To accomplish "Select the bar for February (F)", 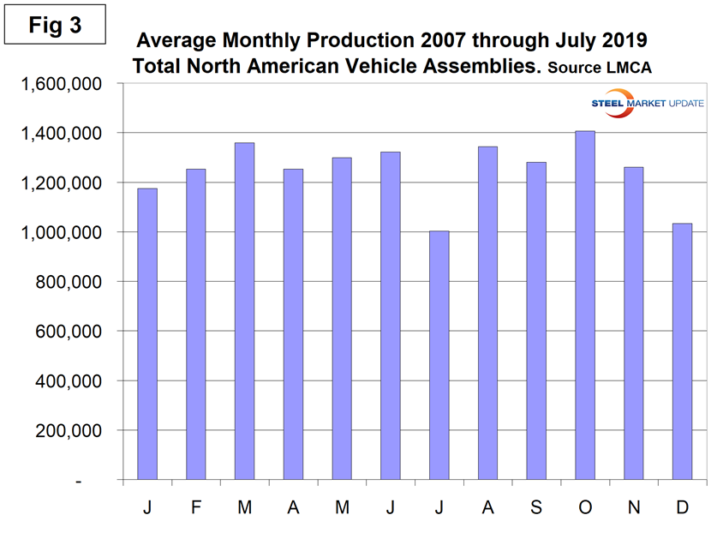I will (x=195, y=324).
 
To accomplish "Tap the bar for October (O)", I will (x=585, y=305).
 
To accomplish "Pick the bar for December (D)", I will (x=682, y=351).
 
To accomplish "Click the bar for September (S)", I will (x=536, y=320).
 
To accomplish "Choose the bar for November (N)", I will (x=633, y=323).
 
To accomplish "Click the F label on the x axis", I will (x=195, y=507).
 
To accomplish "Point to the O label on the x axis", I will (x=585, y=507).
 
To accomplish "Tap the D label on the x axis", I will (x=683, y=507).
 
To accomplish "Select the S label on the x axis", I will (x=536, y=507).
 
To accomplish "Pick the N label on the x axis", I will (x=634, y=507).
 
